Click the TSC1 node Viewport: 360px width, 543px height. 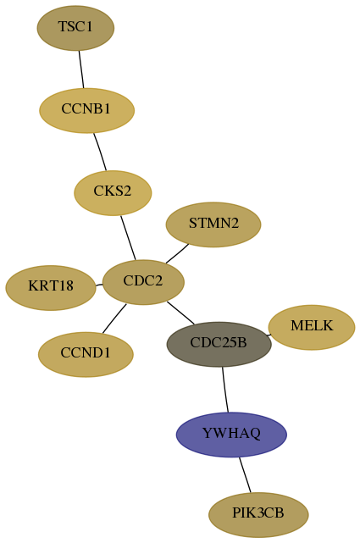pos(75,28)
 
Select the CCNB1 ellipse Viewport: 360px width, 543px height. pos(86,110)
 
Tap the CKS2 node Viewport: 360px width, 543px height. pos(113,193)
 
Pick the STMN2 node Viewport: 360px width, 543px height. pos(213,224)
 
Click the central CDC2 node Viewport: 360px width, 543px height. pos(143,282)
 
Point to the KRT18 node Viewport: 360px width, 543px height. pos(51,288)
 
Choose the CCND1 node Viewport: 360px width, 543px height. pos(86,355)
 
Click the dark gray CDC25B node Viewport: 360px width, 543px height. pos(219,344)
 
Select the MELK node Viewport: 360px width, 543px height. pos(312,327)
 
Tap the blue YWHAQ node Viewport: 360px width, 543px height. pos(231,435)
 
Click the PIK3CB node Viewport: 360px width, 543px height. pos(258,514)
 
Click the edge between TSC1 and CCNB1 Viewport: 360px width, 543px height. pos(81,69)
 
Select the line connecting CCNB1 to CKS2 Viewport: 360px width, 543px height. pos(100,152)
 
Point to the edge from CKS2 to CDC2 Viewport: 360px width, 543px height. pos(128,237)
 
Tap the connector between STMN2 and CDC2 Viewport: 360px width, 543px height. pos(177,254)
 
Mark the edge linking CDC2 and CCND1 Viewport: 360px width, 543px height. pos(114,319)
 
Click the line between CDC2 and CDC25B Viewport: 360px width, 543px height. pos(180,313)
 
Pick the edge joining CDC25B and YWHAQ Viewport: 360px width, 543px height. pos(225,390)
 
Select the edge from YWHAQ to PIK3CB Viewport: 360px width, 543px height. pos(245,474)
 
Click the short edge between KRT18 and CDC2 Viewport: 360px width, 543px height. pos(99,285)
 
